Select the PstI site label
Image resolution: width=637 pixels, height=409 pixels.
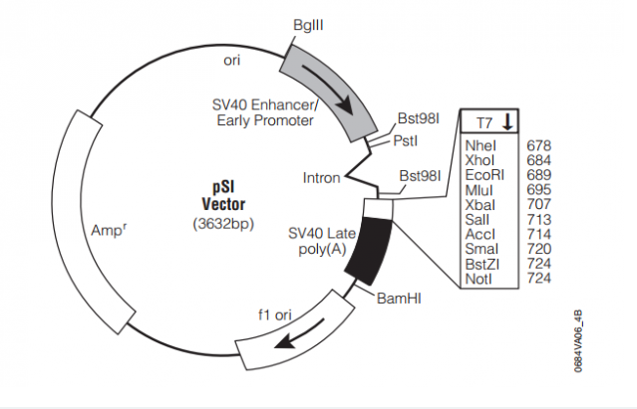coord(405,140)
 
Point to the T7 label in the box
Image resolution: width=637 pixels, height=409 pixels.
coord(483,123)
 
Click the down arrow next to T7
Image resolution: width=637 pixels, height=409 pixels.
coord(506,122)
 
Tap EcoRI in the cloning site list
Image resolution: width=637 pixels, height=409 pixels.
coord(483,174)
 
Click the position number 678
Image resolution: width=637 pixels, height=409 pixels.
coord(539,146)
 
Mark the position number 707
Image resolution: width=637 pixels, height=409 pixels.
coord(539,202)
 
